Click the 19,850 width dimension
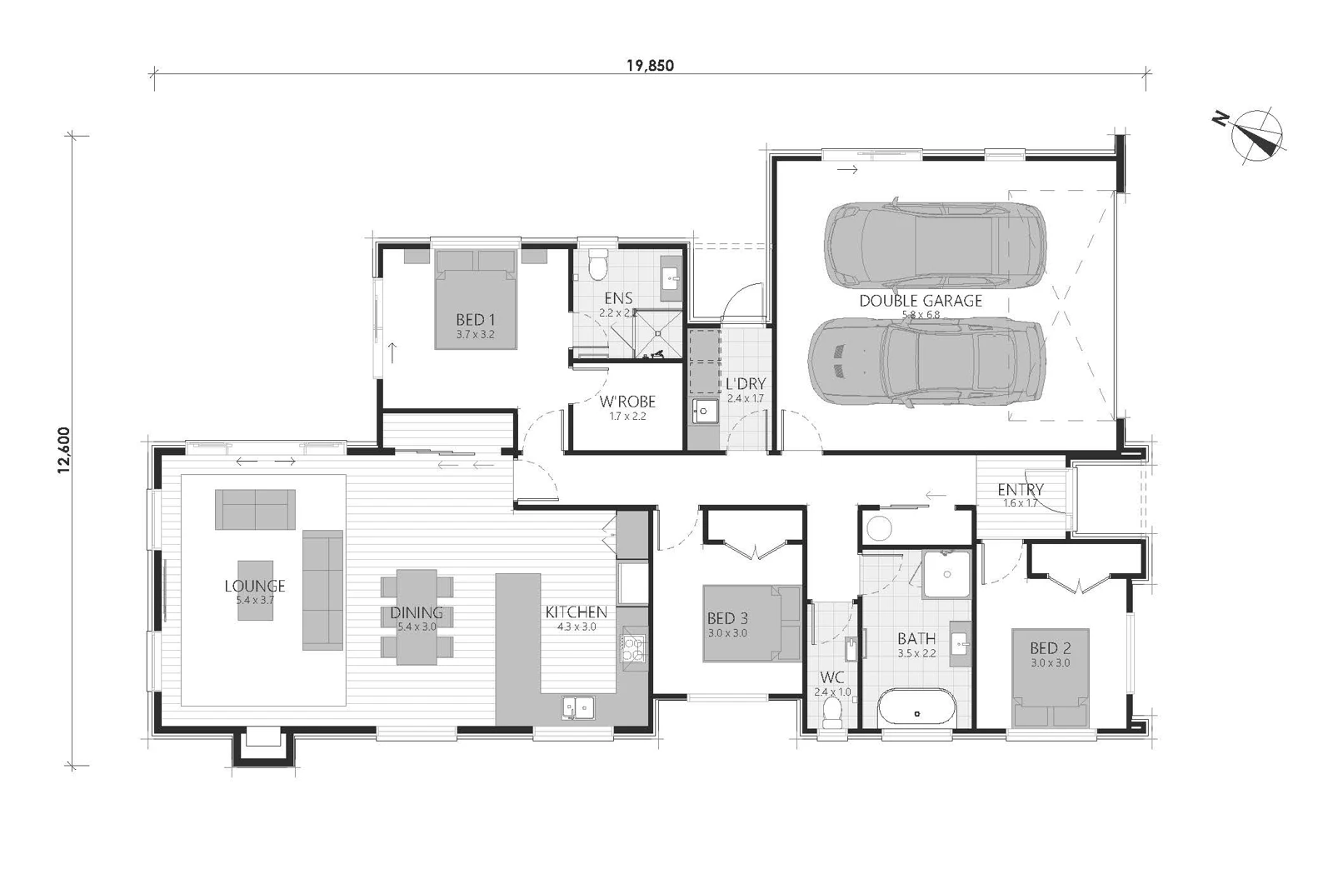point(651,66)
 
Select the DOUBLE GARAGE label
point(921,301)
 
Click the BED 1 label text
point(476,320)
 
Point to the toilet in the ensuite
point(597,265)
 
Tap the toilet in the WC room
point(831,713)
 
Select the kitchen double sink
point(578,707)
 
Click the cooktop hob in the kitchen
point(632,649)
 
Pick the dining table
point(417,617)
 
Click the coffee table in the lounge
point(254,589)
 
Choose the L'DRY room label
point(745,384)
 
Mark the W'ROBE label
point(627,402)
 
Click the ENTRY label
point(1020,490)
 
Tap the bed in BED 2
point(1050,680)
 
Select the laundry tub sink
point(705,412)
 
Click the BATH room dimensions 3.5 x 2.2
point(916,654)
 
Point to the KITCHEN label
point(576,612)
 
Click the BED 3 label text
point(726,618)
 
